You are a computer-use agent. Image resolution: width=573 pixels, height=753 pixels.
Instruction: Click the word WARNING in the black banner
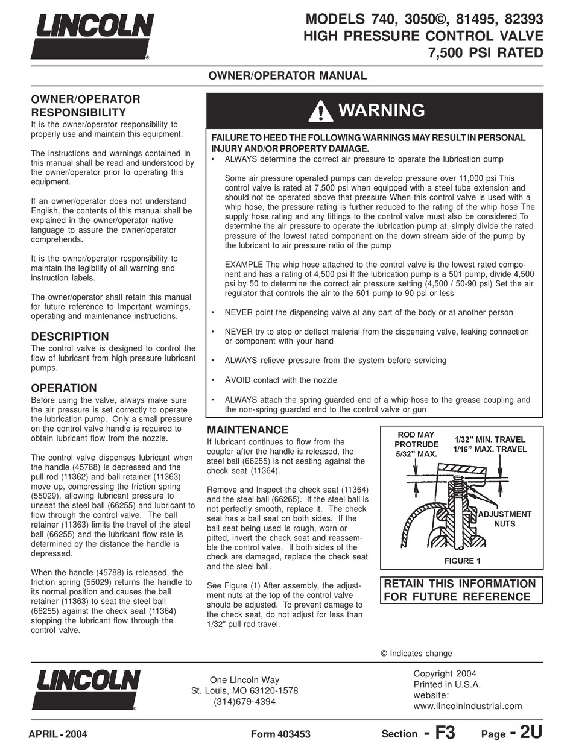(x=381, y=110)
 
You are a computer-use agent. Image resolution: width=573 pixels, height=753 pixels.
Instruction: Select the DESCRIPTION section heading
(x=70, y=336)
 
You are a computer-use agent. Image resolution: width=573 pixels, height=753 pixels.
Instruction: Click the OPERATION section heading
(x=64, y=388)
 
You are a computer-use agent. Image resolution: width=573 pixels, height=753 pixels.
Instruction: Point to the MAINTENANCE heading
(x=247, y=430)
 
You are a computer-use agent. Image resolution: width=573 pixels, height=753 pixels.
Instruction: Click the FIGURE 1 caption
(x=462, y=561)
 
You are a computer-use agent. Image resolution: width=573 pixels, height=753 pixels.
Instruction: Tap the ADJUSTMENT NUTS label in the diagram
(x=504, y=519)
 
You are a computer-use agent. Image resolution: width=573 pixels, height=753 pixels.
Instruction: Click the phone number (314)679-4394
(x=245, y=702)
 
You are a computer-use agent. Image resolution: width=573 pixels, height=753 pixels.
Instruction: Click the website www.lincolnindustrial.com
(x=467, y=706)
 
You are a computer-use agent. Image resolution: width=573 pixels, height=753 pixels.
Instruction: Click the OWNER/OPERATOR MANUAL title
(x=287, y=76)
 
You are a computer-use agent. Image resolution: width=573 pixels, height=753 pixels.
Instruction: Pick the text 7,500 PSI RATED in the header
(x=486, y=53)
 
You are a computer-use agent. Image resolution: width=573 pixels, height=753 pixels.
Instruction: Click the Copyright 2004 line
(x=445, y=673)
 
